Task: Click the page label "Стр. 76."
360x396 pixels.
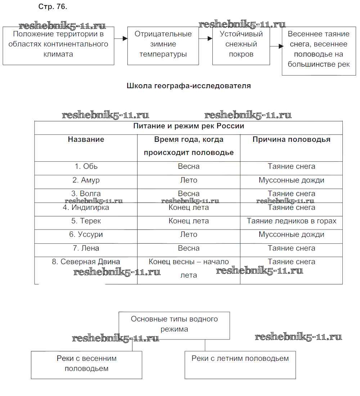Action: pyautogui.click(x=53, y=7)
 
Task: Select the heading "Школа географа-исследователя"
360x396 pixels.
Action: pyautogui.click(x=189, y=86)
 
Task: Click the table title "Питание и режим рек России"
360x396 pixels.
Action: pyautogui.click(x=189, y=126)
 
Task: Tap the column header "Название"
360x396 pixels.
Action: pyautogui.click(x=86, y=139)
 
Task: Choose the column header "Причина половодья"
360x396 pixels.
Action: pyautogui.click(x=291, y=139)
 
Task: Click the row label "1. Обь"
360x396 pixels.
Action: pyautogui.click(x=86, y=166)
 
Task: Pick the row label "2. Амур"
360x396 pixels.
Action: pyautogui.click(x=86, y=180)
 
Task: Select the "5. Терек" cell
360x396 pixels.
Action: pyautogui.click(x=86, y=221)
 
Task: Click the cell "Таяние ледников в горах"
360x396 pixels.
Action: pyautogui.click(x=291, y=221)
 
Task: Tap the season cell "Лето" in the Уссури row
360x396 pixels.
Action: pyautogui.click(x=189, y=234)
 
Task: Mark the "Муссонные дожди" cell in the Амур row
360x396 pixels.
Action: pyautogui.click(x=291, y=180)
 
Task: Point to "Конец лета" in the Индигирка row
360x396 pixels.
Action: pyautogui.click(x=189, y=208)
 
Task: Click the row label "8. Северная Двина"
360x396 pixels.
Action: pyautogui.click(x=86, y=262)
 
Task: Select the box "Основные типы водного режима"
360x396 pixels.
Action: pyautogui.click(x=174, y=324)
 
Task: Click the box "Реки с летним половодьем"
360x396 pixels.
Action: pyautogui.click(x=240, y=359)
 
